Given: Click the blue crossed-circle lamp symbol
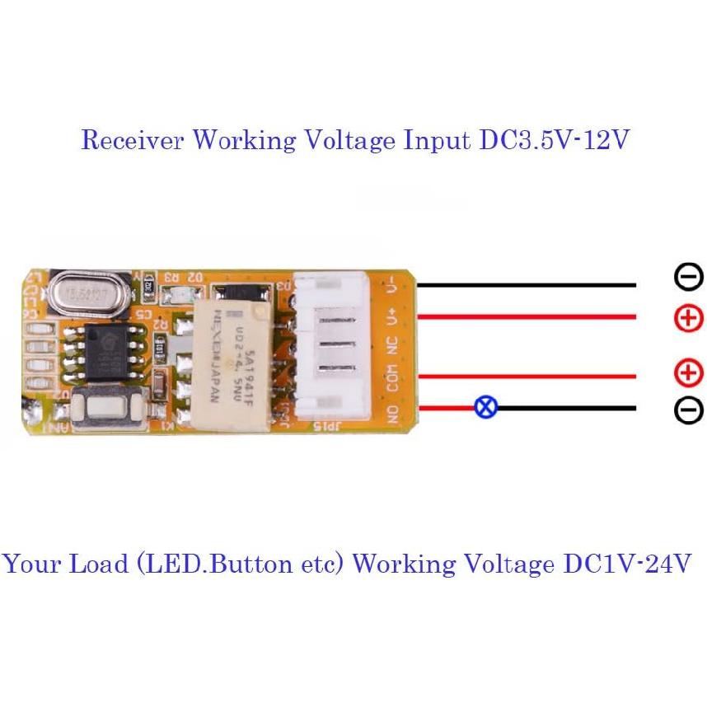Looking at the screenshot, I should pos(485,407).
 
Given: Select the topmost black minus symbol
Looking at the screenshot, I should pos(688,278).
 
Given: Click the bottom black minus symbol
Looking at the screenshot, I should pos(688,410).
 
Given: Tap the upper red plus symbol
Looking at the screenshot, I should pos(688,317).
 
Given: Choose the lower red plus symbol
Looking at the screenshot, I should pos(688,375).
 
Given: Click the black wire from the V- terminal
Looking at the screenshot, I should pos(527,286).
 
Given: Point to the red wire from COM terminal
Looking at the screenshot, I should pos(527,377).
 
